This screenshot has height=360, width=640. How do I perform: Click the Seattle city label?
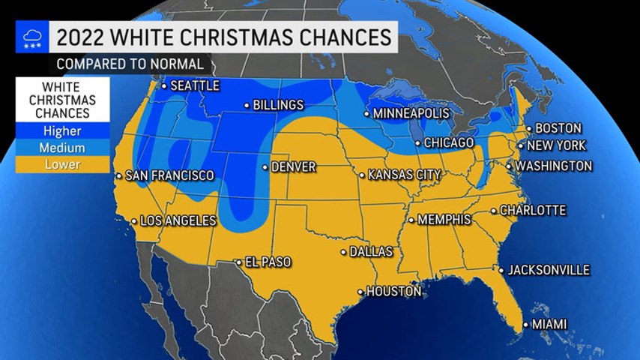[x=195, y=85]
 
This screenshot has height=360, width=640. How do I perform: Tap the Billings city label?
[x=278, y=105]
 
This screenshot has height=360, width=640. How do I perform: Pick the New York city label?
[x=557, y=145]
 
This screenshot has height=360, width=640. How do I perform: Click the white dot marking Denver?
[x=265, y=167]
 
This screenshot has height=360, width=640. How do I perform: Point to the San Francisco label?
[x=169, y=175]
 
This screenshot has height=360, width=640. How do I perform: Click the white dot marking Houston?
[x=360, y=292]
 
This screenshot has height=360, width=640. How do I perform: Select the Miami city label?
[x=549, y=324]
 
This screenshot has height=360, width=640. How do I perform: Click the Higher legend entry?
[x=63, y=130]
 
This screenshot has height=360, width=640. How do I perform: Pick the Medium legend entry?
[x=63, y=147]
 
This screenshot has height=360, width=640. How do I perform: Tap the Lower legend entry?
[x=63, y=163]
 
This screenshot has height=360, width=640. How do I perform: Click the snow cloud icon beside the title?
[x=32, y=37]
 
